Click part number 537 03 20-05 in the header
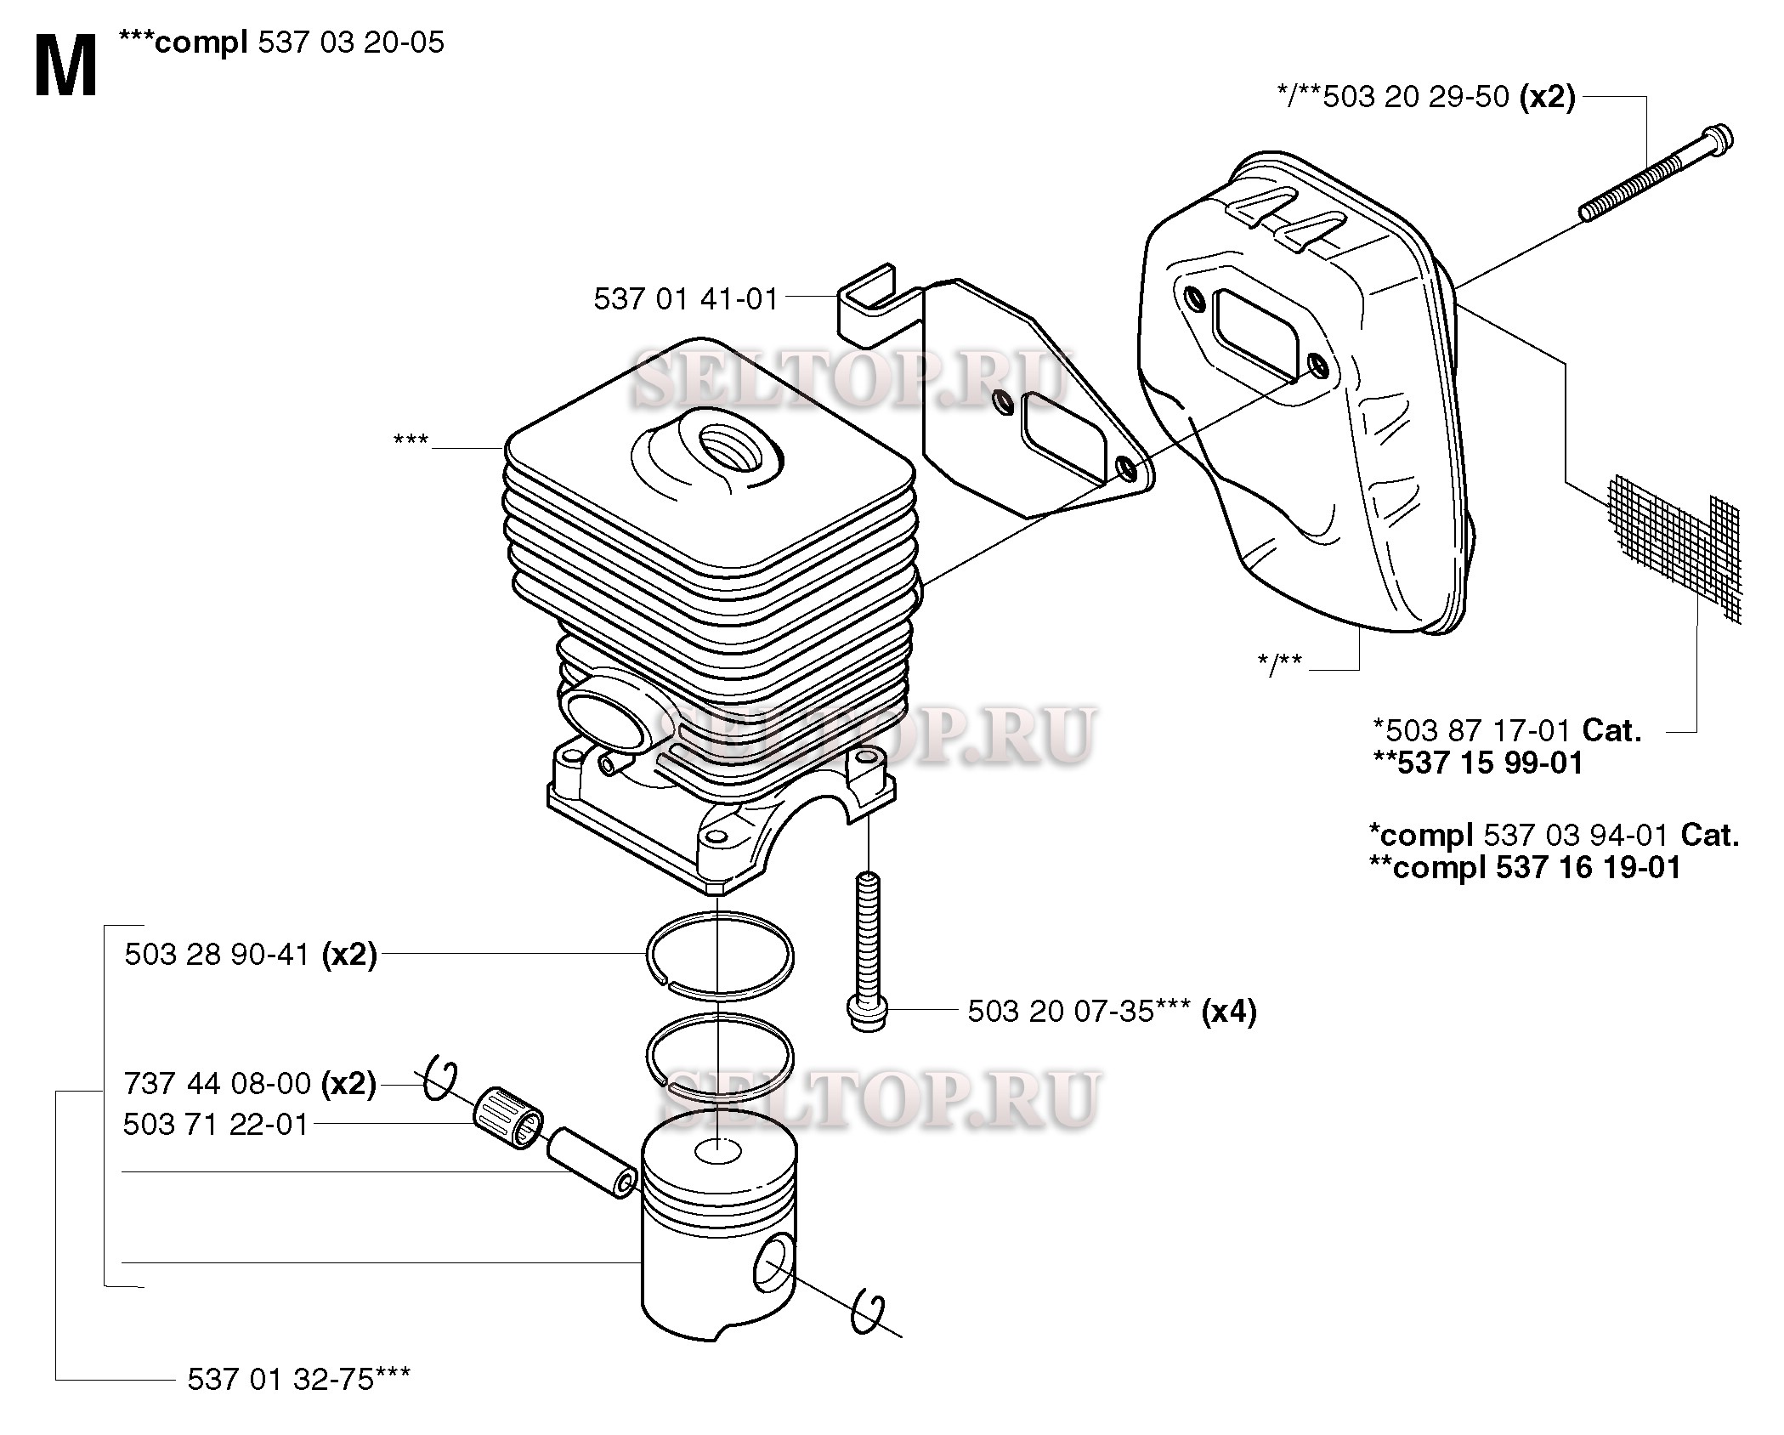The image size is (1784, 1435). coord(350,42)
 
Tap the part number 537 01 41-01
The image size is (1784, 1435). coord(686,298)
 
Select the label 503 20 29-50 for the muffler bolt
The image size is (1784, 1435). coord(1416,97)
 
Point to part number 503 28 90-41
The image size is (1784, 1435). coord(217,954)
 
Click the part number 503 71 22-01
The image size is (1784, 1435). coord(215,1124)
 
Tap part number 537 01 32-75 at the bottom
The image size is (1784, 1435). coord(280,1378)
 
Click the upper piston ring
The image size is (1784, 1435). coord(719,955)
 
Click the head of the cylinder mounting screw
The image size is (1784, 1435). coord(868,1014)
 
